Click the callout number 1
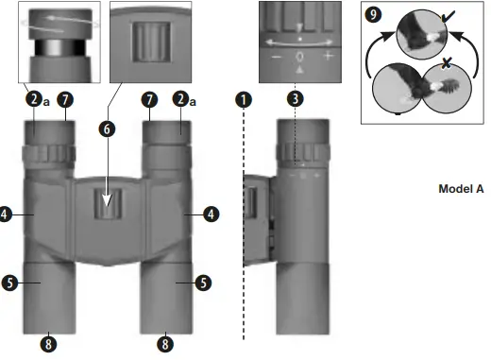click(x=244, y=99)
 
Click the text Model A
click(x=461, y=189)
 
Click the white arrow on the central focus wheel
click(x=109, y=199)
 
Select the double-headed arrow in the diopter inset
click(x=300, y=42)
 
